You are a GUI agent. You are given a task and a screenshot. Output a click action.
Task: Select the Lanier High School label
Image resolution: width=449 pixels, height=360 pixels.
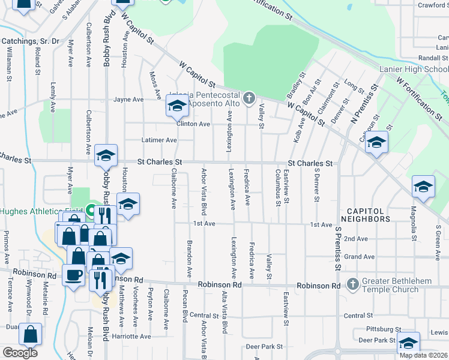(414, 69)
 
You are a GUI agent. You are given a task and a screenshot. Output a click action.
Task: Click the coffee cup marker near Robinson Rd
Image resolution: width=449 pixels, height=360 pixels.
(74, 275)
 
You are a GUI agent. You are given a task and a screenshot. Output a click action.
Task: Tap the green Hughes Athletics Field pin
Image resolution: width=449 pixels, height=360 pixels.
(90, 211)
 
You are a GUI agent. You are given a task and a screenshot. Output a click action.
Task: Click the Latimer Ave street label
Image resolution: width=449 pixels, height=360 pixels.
(158, 140)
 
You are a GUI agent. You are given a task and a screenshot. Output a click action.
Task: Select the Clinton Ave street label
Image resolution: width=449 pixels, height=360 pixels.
(193, 124)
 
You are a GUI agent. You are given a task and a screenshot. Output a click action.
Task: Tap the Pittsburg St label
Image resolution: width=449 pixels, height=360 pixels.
(382, 329)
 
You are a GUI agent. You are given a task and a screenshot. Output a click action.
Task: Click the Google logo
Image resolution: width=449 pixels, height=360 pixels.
(20, 353)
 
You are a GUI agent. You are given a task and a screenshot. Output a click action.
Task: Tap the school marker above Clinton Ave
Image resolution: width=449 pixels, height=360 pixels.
(176, 107)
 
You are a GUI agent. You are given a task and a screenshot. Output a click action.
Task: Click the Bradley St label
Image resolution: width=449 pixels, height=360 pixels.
(295, 86)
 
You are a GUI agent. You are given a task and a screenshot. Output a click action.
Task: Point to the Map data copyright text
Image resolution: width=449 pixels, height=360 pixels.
(423, 355)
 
